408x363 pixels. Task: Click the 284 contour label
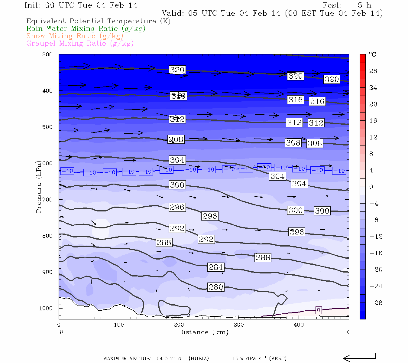click(216, 267)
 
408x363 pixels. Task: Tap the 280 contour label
click(216, 287)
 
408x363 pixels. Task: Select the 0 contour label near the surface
click(318, 310)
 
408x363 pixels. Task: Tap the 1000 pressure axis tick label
click(46, 309)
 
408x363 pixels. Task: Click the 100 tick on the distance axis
click(119, 325)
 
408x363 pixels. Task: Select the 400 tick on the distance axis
click(299, 325)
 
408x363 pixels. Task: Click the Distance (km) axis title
click(204, 332)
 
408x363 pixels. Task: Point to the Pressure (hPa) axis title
click(39, 187)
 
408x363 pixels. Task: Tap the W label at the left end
click(61, 332)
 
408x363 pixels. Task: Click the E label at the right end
click(347, 332)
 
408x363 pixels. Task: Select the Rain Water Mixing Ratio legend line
click(86, 29)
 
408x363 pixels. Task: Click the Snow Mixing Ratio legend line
click(75, 36)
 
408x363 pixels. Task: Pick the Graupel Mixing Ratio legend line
click(80, 44)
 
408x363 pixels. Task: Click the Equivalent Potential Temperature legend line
click(98, 21)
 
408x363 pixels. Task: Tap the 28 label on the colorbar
click(373, 71)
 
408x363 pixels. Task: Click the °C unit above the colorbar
click(372, 54)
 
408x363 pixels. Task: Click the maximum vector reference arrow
click(359, 358)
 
